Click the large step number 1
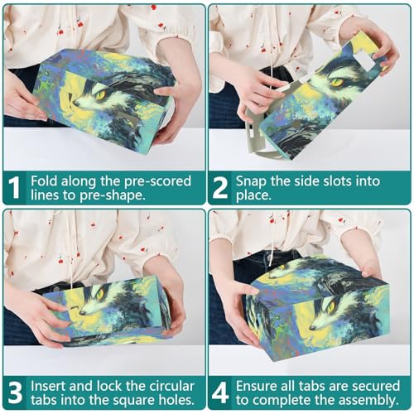click(x=13, y=188)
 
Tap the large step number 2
click(x=220, y=188)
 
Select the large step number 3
click(x=15, y=392)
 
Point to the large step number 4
click(x=220, y=392)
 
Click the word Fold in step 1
click(x=44, y=181)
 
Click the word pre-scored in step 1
click(x=157, y=182)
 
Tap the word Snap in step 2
click(x=251, y=182)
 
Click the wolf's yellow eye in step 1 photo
click(x=101, y=94)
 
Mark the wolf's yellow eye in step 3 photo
click(x=100, y=293)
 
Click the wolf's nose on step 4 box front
click(x=312, y=328)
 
